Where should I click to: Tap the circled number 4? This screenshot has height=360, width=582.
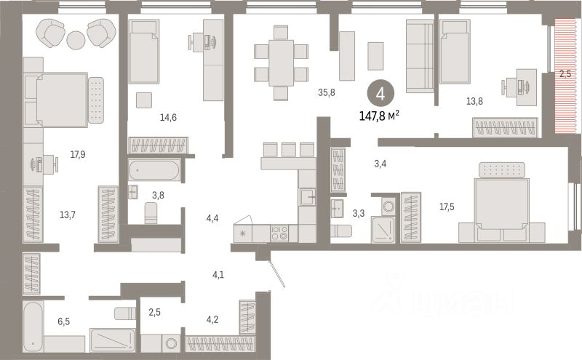(x=376, y=93)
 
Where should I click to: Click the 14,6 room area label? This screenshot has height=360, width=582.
(x=169, y=115)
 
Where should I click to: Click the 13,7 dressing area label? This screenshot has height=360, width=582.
(x=68, y=215)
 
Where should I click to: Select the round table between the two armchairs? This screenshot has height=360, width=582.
(x=77, y=39)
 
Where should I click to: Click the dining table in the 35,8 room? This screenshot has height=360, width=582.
(x=281, y=62)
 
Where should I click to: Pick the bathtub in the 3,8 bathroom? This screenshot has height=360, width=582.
(x=154, y=172)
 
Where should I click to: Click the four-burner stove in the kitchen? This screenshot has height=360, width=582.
(x=279, y=233)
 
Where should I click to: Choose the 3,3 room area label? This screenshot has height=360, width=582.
(x=359, y=214)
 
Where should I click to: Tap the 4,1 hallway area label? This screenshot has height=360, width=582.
(x=218, y=274)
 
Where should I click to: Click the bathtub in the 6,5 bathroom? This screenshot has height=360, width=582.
(x=33, y=325)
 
